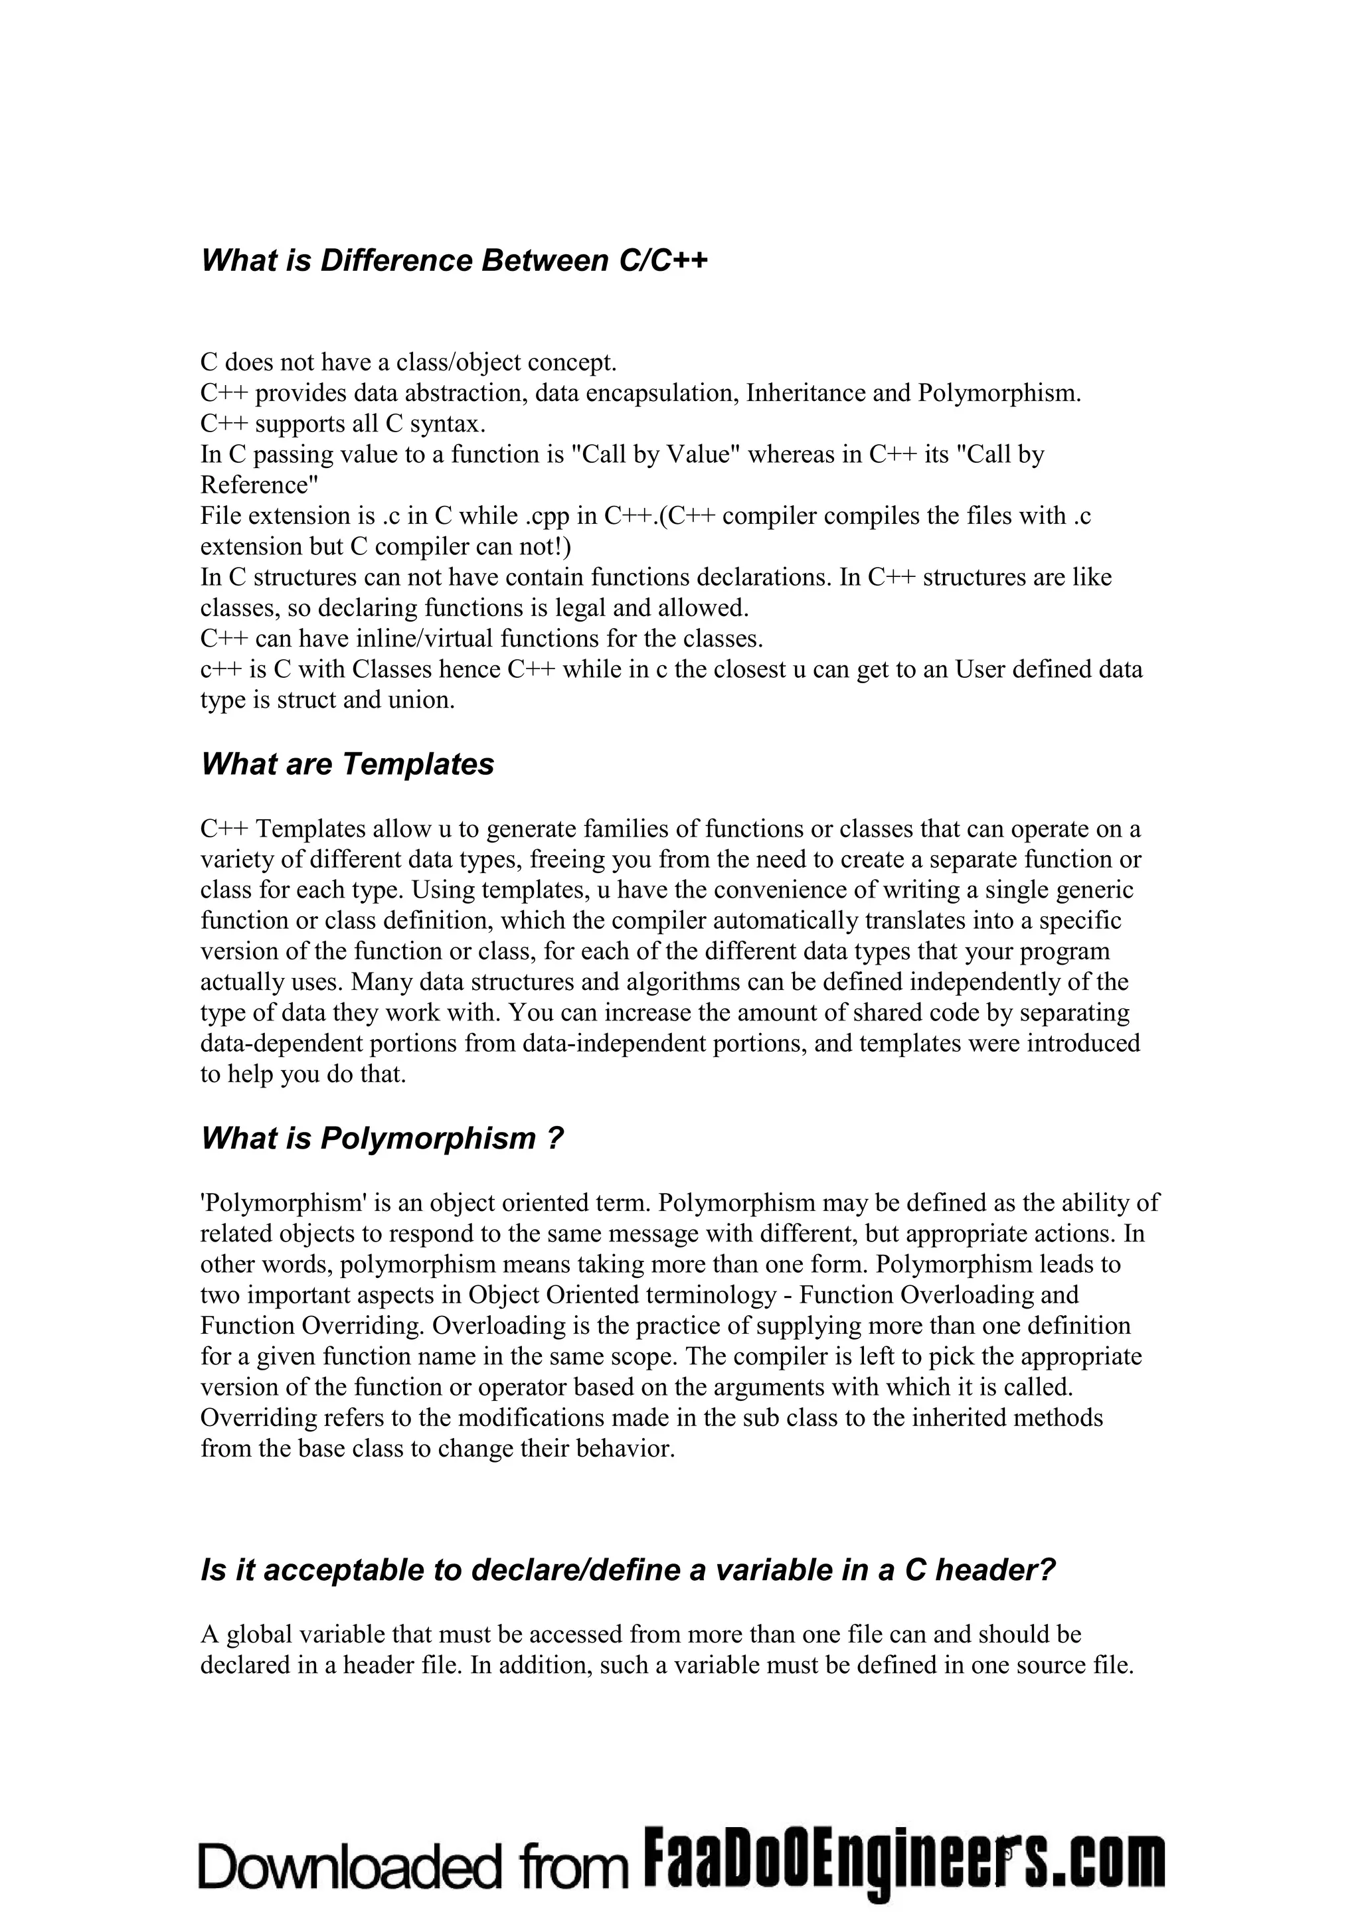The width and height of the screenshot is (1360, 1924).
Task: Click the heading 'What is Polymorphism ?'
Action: coord(381,1139)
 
